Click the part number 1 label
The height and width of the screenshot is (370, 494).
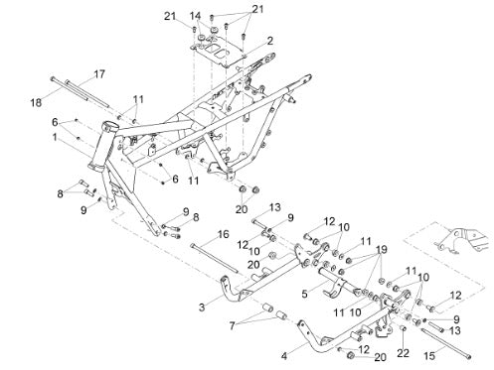click(55, 137)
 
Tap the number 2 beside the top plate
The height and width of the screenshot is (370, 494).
click(270, 41)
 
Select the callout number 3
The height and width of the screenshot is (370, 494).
click(202, 308)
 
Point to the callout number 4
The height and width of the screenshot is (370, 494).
click(284, 356)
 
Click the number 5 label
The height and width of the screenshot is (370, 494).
click(304, 294)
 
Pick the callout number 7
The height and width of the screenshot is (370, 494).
click(232, 325)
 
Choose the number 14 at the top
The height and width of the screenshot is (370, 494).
click(195, 16)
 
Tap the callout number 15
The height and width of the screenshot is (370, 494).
click(429, 356)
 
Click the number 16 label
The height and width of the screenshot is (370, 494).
click(223, 234)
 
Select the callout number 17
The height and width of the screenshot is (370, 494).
click(99, 74)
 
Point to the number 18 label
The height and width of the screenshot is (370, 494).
click(36, 102)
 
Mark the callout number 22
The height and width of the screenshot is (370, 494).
click(404, 353)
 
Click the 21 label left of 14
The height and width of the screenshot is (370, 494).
click(170, 16)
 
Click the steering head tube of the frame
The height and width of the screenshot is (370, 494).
click(102, 146)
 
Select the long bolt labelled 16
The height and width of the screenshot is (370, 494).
click(215, 259)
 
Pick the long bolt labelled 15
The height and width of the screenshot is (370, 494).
click(445, 343)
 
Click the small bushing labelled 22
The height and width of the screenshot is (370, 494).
click(404, 328)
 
